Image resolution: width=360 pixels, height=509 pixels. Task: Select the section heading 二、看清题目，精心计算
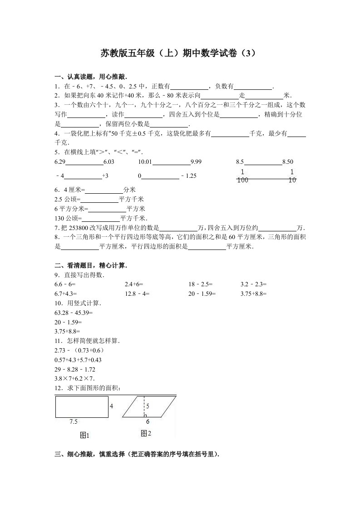click(x=90, y=265)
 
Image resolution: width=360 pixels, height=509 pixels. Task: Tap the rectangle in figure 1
click(x=81, y=406)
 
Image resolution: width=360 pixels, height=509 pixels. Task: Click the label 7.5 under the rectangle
click(x=74, y=422)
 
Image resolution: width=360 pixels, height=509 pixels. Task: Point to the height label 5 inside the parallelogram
click(x=148, y=406)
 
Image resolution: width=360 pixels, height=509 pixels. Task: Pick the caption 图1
click(x=84, y=436)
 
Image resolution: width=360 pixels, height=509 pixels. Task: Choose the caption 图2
click(x=146, y=434)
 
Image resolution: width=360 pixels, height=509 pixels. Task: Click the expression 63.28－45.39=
click(x=73, y=313)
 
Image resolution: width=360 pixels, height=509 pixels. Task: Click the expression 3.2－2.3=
click(x=254, y=284)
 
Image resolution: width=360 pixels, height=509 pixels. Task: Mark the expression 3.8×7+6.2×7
click(x=74, y=378)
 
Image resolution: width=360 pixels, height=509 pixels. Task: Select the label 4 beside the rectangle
click(x=111, y=406)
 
